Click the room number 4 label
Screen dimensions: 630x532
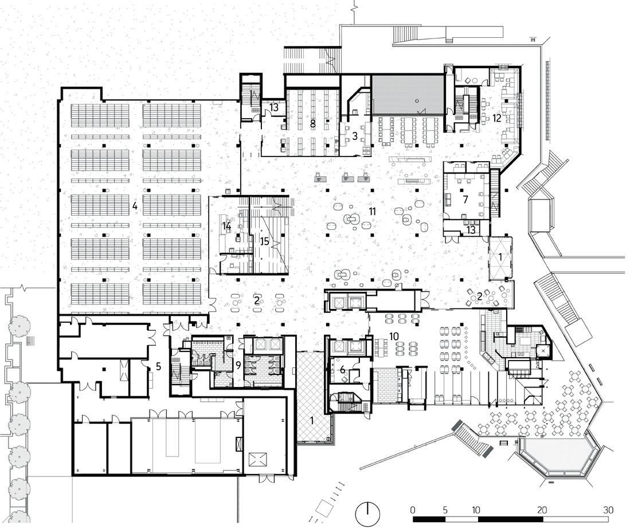(134, 205)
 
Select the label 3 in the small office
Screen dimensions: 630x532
(355, 136)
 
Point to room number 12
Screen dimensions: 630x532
(496, 118)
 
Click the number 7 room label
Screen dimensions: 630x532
(465, 199)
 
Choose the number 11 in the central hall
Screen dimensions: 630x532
(372, 212)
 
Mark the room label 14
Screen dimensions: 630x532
(227, 226)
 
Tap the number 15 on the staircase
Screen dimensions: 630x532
(264, 241)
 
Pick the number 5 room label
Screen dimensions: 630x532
(159, 365)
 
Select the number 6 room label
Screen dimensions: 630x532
(343, 370)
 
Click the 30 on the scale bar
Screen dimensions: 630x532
(609, 510)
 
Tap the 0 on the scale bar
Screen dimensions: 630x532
(413, 510)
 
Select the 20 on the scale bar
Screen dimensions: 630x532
(542, 510)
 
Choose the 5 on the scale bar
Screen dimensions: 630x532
(445, 510)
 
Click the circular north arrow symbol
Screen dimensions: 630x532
(369, 514)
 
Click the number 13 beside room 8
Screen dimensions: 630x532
(274, 107)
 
